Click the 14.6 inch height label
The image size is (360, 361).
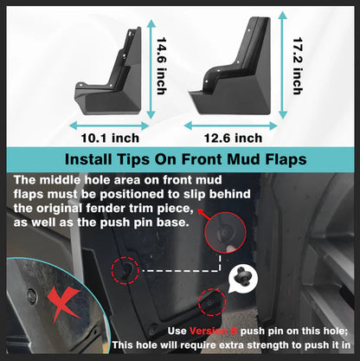coord(162,65)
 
